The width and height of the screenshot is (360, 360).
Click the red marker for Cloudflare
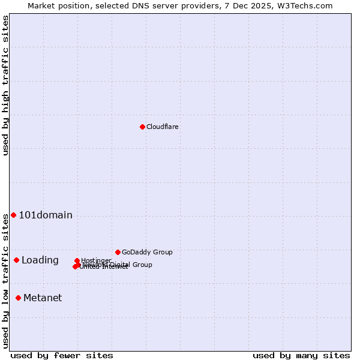click(142, 127)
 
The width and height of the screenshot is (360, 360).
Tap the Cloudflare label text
click(162, 127)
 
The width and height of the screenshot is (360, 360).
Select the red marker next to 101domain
click(13, 215)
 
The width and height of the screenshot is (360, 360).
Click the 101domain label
click(46, 215)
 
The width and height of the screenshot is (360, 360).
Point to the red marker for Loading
click(16, 260)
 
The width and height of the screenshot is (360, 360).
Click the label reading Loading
click(40, 260)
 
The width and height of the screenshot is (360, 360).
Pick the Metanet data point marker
click(18, 298)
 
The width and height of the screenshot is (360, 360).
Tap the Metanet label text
click(43, 298)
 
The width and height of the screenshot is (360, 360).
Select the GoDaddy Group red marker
click(118, 252)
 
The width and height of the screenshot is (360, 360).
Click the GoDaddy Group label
click(147, 253)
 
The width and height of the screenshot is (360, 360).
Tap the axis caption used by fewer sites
click(62, 355)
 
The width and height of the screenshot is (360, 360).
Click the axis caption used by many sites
click(301, 355)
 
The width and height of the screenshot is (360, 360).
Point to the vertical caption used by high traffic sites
click(5, 85)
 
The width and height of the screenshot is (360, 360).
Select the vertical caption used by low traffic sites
click(5, 280)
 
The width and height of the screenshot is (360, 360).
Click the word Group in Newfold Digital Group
click(142, 265)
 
